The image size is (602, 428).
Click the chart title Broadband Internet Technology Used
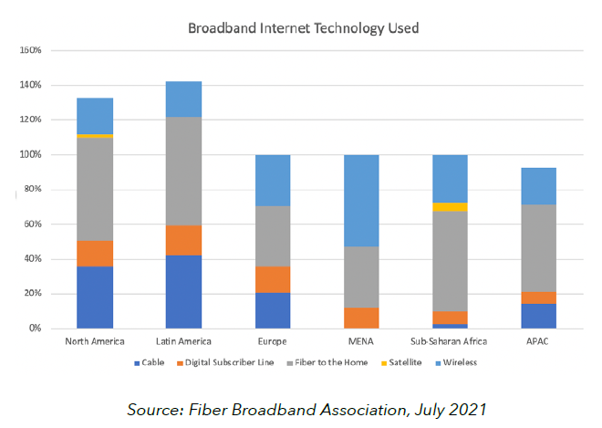coord(303,28)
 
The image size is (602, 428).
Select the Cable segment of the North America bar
coord(95,297)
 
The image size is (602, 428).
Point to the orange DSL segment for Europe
coord(272,279)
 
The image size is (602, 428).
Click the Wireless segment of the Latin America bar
coord(183,99)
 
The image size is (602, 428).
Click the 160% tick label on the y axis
coord(31,50)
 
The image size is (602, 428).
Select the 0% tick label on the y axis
coord(36,329)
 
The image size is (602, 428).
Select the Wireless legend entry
coord(462,362)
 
